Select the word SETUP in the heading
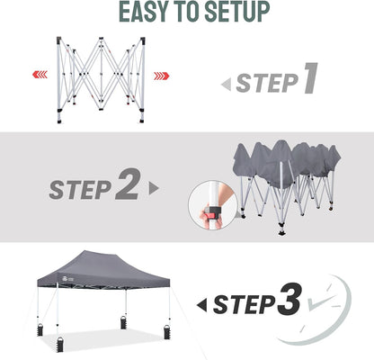tap(238, 13)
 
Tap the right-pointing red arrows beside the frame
tap(161, 75)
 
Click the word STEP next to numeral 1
tap(267, 84)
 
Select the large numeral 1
tap(309, 80)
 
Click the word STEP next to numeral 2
tap(80, 188)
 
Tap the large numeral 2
tap(127, 186)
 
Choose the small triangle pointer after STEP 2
tap(154, 189)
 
